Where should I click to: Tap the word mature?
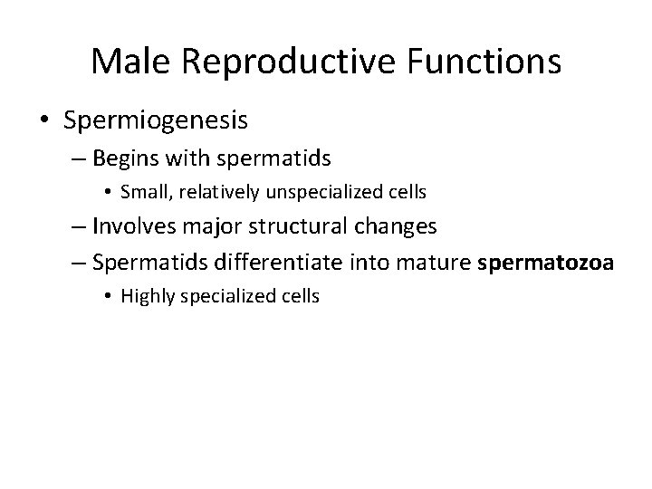click(x=439, y=262)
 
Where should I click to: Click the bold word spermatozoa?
click(x=545, y=262)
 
